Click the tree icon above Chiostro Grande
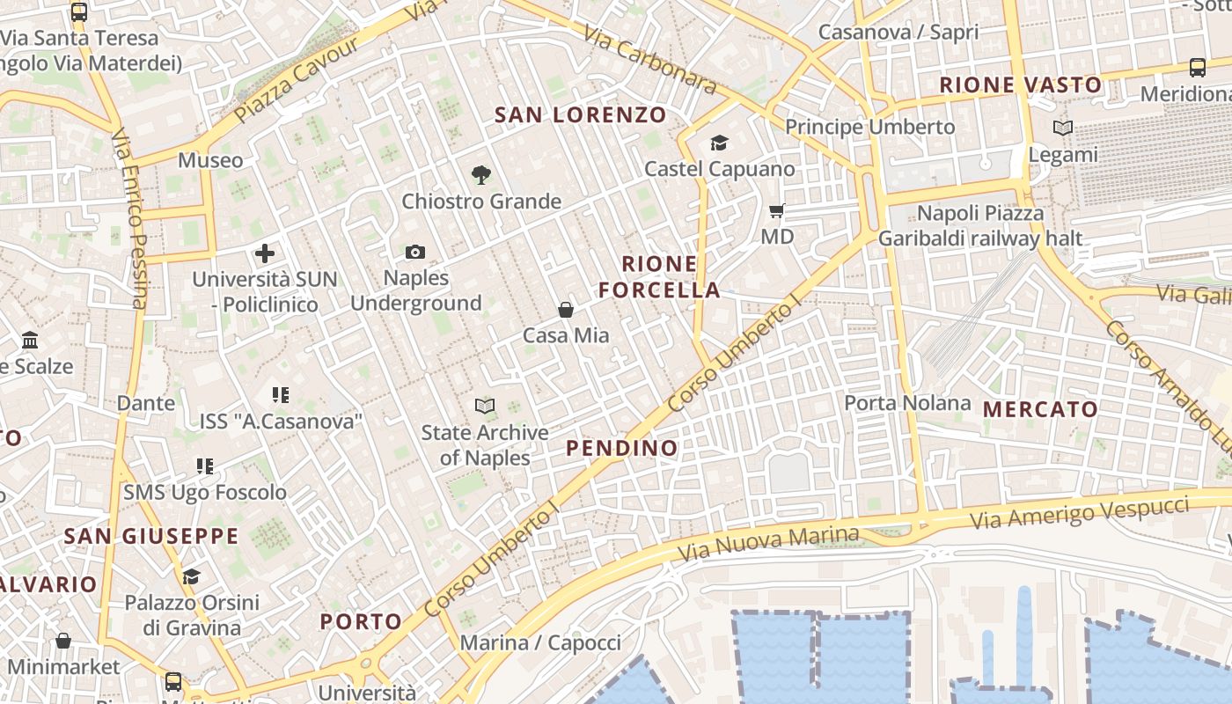pos(480,175)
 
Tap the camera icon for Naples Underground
pos(415,253)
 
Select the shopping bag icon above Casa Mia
pos(566,310)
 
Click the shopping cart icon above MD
pos(777,210)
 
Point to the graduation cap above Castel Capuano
pos(719,143)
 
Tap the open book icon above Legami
pos(1063,128)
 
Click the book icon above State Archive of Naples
pos(485,406)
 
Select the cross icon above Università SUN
pos(265,254)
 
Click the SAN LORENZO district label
pos(581,114)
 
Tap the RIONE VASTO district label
pos(1021,84)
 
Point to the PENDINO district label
pos(622,448)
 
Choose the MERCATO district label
pos(1040,408)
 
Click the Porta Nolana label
pos(907,403)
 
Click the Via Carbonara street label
pos(649,59)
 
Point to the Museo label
pos(210,160)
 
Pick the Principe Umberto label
pos(869,127)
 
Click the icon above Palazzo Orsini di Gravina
pos(191,577)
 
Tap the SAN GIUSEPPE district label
pos(151,536)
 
